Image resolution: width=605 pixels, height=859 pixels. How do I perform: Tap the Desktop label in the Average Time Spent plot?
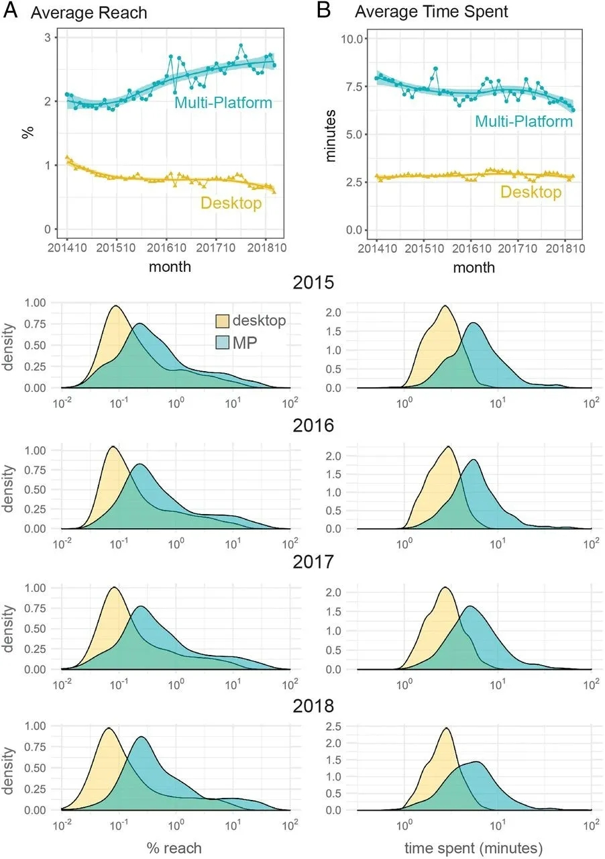[531, 193]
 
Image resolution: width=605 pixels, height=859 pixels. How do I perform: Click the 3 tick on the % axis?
[48, 38]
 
